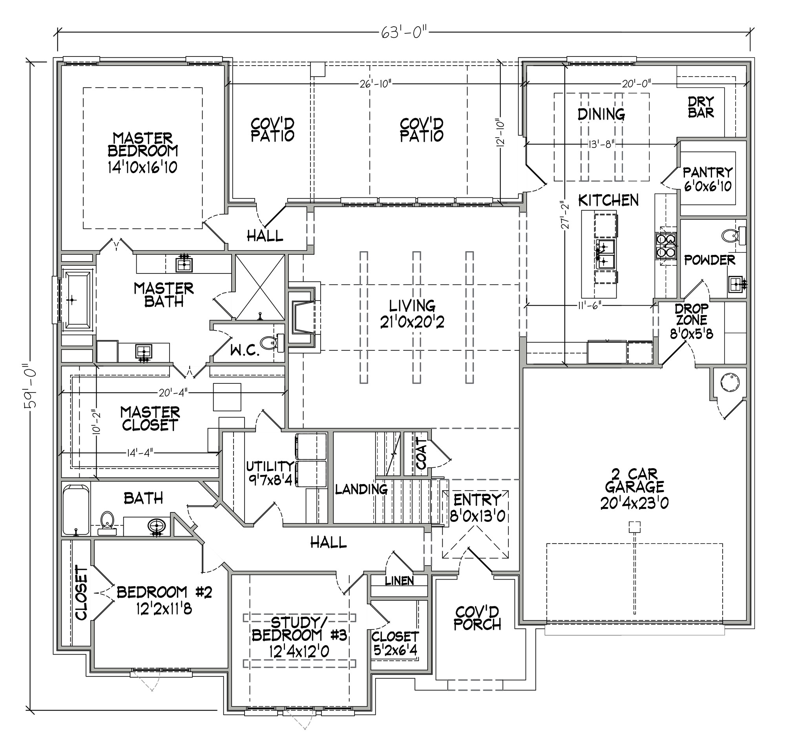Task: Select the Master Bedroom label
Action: (x=143, y=145)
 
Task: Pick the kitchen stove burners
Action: (x=665, y=246)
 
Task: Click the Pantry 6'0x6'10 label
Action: (x=708, y=179)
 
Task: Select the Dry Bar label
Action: (x=701, y=107)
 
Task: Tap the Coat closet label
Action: (x=421, y=453)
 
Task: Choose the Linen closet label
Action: (x=399, y=581)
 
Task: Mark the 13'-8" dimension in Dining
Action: (x=601, y=144)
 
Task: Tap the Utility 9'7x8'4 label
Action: (x=270, y=473)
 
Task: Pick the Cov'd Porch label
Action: (x=477, y=618)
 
